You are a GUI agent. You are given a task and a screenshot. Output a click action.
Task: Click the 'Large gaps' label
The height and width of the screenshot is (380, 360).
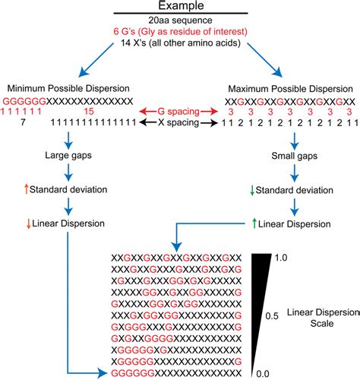coord(68,158)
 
